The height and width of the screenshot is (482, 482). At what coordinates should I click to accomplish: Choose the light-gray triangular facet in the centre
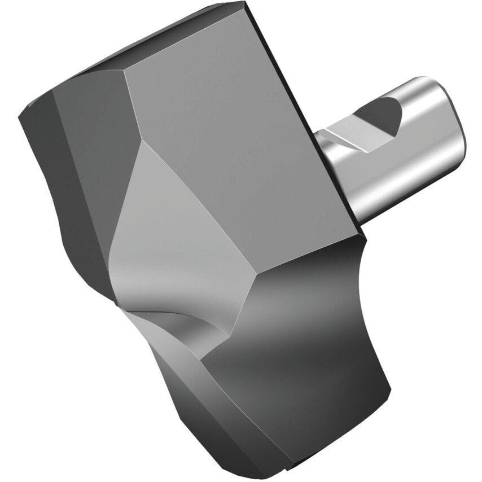(x=169, y=226)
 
